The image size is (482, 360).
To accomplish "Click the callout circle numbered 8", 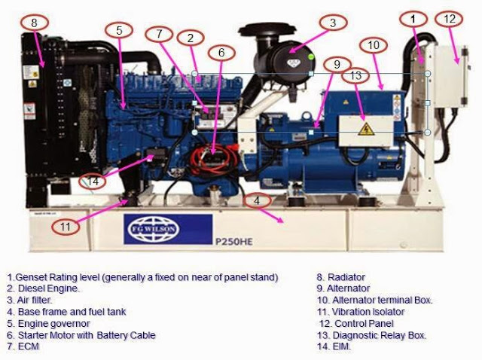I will pyautogui.click(x=34, y=23).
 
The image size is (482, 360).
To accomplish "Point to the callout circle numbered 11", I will pyautogui.click(x=66, y=226).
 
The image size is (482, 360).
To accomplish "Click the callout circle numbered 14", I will pyautogui.click(x=93, y=182).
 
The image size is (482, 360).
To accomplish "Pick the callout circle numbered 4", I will pyautogui.click(x=258, y=201).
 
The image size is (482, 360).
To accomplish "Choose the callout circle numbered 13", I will pyautogui.click(x=356, y=75).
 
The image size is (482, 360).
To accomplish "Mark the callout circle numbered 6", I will pyautogui.click(x=221, y=53).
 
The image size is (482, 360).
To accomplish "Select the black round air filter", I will pyautogui.click(x=294, y=58).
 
